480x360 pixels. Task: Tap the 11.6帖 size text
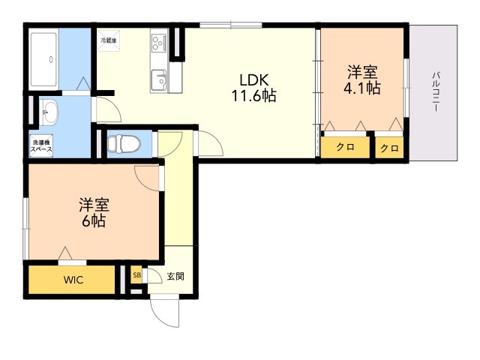click(x=254, y=97)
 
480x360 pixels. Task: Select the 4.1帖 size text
click(x=362, y=88)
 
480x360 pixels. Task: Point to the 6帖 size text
click(x=94, y=220)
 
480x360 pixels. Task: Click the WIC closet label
click(x=73, y=280)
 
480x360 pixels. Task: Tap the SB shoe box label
click(x=136, y=275)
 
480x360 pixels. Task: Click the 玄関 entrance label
click(x=175, y=276)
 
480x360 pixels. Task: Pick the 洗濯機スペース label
click(x=41, y=145)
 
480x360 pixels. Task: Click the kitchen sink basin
click(x=159, y=76)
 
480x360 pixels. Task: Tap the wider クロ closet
click(x=345, y=148)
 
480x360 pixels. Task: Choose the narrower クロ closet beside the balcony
click(x=388, y=148)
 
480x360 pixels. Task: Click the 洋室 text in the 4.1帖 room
click(x=362, y=73)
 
